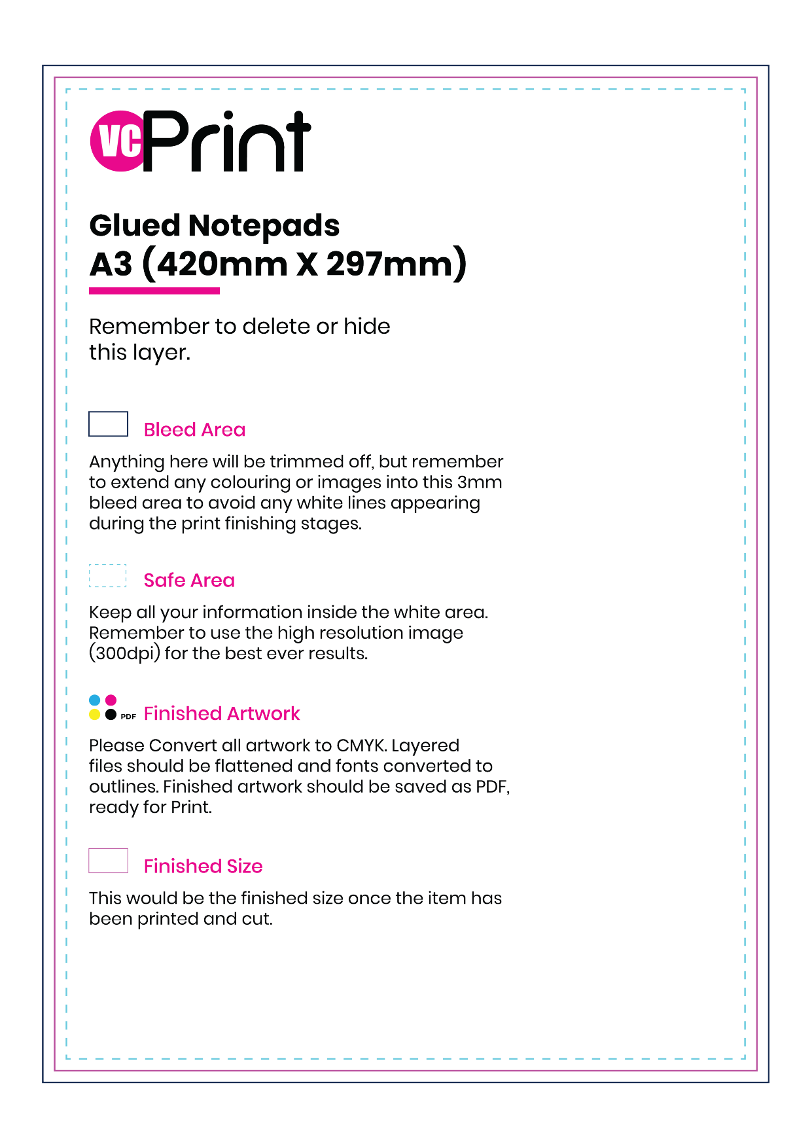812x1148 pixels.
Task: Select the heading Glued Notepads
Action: tap(214, 226)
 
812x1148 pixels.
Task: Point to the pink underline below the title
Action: tap(154, 291)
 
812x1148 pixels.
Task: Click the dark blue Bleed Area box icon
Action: tap(108, 424)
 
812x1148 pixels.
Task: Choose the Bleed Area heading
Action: tap(194, 430)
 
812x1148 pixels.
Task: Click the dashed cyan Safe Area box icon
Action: tap(107, 575)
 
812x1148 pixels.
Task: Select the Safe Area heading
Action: tap(189, 581)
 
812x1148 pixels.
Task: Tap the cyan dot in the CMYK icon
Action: tap(95, 700)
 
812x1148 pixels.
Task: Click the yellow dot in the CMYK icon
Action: tap(95, 715)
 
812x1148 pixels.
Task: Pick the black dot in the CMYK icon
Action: tap(111, 715)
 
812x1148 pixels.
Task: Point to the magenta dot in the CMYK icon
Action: tap(111, 700)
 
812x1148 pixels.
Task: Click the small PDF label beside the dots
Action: tap(128, 717)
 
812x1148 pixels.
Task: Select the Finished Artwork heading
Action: tap(222, 713)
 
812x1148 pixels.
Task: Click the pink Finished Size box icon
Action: tap(108, 861)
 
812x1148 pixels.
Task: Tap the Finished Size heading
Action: tap(203, 867)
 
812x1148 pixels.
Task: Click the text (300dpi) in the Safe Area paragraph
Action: tap(124, 654)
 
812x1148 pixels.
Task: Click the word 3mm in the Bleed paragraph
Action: tap(480, 482)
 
